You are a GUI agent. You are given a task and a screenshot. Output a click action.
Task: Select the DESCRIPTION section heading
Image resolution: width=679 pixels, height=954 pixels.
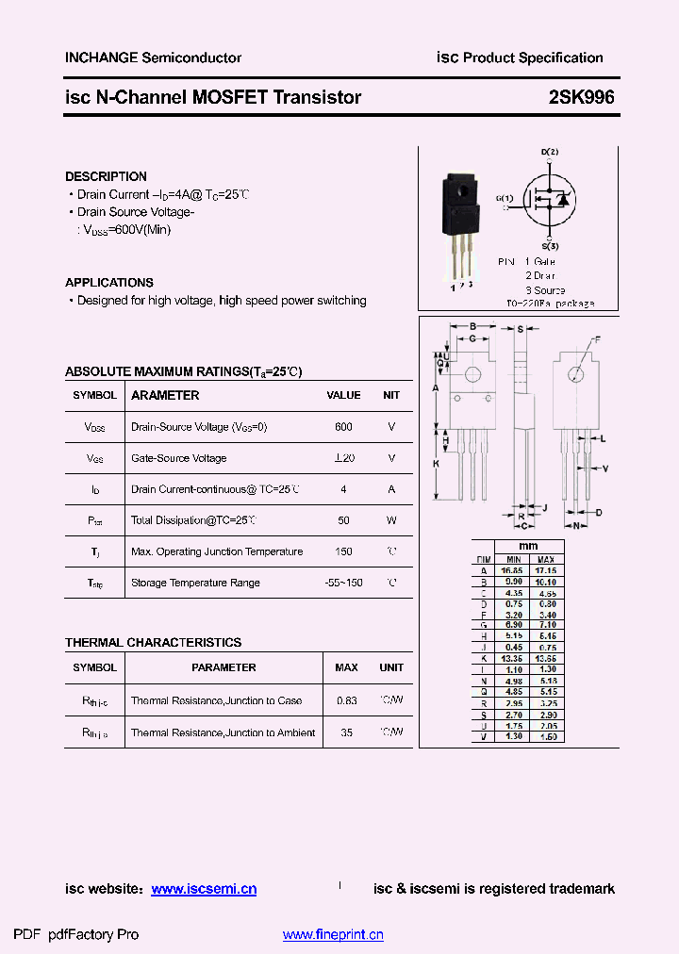pos(106,176)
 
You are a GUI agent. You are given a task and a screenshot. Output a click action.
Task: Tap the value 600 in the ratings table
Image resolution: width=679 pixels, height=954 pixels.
pos(343,427)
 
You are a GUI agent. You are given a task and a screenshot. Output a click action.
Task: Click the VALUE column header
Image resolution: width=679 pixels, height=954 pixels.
pos(343,396)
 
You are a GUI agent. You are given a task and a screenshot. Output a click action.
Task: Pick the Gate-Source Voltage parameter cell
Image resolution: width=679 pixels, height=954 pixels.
pos(178,458)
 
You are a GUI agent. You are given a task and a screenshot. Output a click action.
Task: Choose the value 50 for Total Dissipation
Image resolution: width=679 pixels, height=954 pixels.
pos(343,520)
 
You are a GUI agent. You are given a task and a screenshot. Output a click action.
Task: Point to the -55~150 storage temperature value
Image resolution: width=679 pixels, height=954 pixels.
pos(343,583)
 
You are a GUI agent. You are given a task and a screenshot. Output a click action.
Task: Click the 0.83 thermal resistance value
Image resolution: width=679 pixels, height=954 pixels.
pos(346,701)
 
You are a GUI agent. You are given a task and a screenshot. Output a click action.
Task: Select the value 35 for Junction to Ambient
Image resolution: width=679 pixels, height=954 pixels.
pos(346,732)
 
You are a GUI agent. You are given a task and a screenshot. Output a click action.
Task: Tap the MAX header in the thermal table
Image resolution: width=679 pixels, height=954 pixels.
pos(346,667)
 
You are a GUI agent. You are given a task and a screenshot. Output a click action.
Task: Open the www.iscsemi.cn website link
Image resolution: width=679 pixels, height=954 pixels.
pos(204,889)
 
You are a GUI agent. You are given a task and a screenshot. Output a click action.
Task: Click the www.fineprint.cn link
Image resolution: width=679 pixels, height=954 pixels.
pos(333,935)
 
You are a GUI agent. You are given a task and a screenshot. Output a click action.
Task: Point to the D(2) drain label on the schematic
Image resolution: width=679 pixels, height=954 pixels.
pos(550,152)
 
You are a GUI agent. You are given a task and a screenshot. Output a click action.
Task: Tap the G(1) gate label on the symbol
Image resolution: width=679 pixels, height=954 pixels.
pos(505,198)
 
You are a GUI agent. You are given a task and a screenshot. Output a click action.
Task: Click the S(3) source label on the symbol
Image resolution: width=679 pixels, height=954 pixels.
pos(550,246)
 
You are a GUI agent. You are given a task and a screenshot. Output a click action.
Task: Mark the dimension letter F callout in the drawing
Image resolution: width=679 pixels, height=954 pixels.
pos(596,338)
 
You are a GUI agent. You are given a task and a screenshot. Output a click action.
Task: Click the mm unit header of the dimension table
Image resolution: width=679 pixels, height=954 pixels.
pos(528,547)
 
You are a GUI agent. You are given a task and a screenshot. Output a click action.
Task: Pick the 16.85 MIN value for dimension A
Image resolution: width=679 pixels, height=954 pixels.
pos(514,570)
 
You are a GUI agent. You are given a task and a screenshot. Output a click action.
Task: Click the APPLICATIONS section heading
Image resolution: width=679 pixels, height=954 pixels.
pos(109,283)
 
